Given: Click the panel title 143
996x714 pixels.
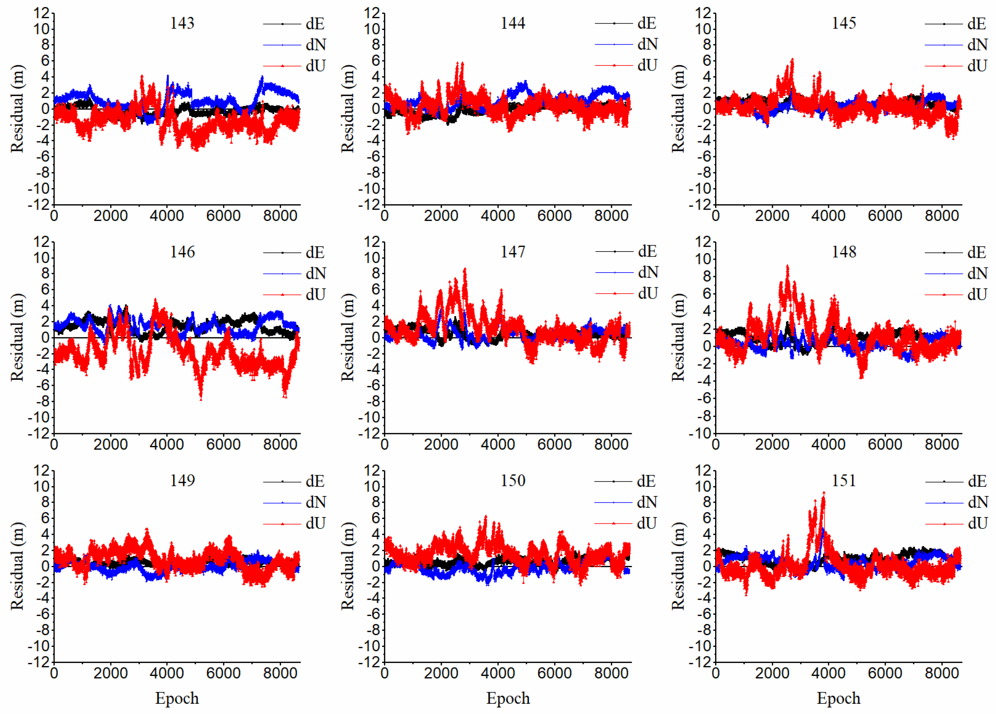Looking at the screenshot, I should [x=182, y=23].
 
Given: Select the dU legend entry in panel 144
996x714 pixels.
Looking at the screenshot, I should [x=646, y=65].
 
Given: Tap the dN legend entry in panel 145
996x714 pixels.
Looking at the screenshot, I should [x=977, y=45].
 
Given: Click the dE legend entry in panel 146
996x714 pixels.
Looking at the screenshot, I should [x=315, y=252].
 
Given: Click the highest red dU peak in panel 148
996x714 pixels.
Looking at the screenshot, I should [x=787, y=266].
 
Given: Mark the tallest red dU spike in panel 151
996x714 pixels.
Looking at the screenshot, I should [x=823, y=493].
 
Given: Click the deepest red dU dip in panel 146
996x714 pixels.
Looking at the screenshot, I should [x=201, y=399].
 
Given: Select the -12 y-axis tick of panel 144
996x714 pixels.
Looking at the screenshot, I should [x=369, y=205].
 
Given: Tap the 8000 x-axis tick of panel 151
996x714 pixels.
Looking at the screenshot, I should [x=941, y=673].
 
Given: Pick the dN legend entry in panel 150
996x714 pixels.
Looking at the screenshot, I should [x=646, y=502].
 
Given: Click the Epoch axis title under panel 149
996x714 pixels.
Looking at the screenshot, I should [x=177, y=698].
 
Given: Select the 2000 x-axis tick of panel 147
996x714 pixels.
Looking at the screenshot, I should [x=441, y=444].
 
